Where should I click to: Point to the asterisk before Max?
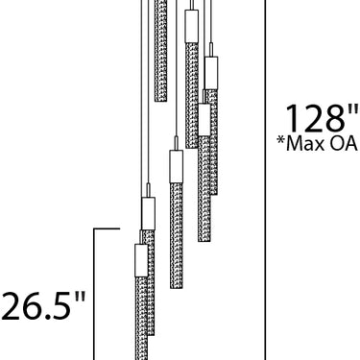pyautogui.click(x=281, y=141)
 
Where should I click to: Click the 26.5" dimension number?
pyautogui.click(x=43, y=306)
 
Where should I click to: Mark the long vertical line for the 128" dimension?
pyautogui.click(x=265, y=180)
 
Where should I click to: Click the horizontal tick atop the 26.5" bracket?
pyautogui.click(x=107, y=228)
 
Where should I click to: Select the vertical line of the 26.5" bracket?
pyautogui.click(x=94, y=295)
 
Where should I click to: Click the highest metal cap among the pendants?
pyautogui.click(x=192, y=26)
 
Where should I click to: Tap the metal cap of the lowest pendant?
pyautogui.click(x=141, y=260)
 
